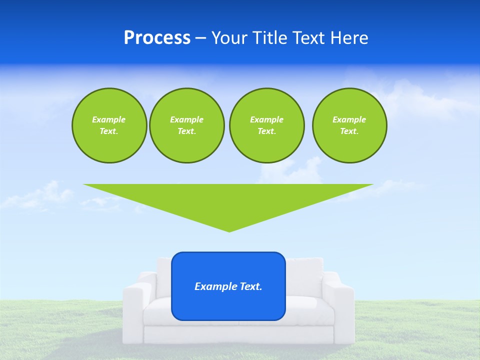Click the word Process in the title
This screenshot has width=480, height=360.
(157, 38)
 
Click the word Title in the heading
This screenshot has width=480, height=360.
(270, 38)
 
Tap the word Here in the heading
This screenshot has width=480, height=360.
(350, 38)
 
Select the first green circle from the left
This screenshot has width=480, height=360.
(109, 125)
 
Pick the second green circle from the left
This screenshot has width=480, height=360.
(186, 125)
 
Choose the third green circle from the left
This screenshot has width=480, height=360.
(266, 125)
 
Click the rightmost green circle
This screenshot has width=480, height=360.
(349, 125)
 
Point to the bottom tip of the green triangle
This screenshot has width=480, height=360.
(229, 231)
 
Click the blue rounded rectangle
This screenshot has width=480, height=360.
(228, 305)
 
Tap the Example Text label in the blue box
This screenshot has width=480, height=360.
(228, 286)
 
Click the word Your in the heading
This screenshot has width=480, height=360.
(228, 38)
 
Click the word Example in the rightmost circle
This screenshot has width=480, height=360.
(349, 119)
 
